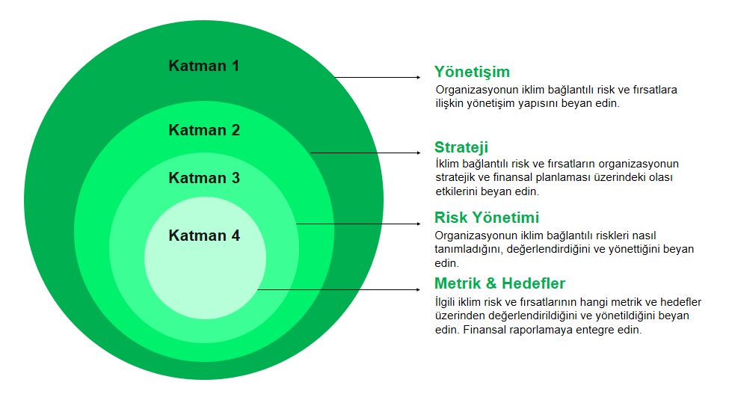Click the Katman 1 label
click(203, 66)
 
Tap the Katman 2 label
click(204, 129)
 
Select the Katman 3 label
click(204, 177)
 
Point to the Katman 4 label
click(204, 236)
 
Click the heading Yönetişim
click(472, 72)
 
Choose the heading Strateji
click(461, 147)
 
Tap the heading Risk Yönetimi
click(486, 218)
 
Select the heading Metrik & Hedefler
click(499, 283)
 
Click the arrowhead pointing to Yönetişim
click(419, 77)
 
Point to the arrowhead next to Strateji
click(419, 153)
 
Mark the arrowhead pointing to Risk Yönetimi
click(419, 224)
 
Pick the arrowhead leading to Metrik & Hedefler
click(419, 289)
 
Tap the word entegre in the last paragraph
click(596, 330)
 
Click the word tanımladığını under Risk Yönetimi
click(469, 250)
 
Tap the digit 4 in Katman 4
click(236, 236)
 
